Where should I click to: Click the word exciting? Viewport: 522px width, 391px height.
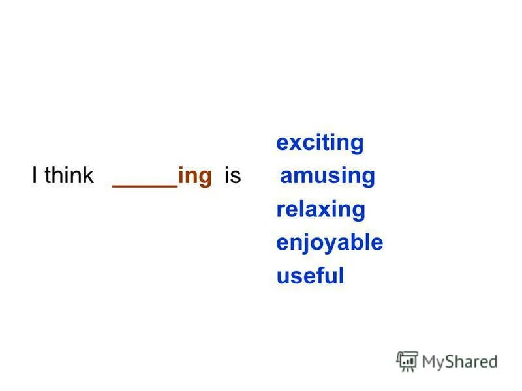click(320, 143)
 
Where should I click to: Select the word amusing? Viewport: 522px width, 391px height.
click(328, 176)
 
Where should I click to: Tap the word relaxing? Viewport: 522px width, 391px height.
click(320, 210)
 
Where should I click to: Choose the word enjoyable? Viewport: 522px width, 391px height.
click(330, 243)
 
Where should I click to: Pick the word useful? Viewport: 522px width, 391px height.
click(310, 276)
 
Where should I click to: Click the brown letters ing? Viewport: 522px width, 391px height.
click(195, 177)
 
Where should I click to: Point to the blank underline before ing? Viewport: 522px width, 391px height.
click(145, 186)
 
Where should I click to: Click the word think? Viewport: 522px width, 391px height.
click(69, 176)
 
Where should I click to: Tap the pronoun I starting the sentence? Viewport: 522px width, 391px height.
click(34, 176)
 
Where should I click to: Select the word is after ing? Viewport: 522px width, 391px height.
click(232, 176)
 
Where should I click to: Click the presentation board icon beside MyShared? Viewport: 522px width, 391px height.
click(407, 360)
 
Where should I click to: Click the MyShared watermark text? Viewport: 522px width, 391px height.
click(459, 360)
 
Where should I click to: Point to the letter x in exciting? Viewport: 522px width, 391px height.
click(294, 143)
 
